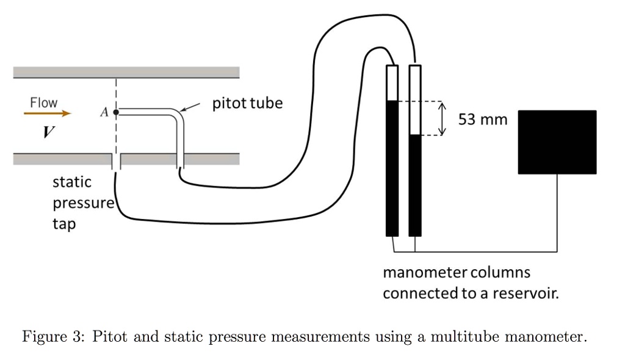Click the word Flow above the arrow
pos(44,103)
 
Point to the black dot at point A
pos(115,112)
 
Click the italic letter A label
pos(104,112)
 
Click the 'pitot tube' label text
pos(247,103)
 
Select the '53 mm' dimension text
pos(483,120)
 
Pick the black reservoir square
pos(557,142)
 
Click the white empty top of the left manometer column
pos(392,82)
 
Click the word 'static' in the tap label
pos(72,182)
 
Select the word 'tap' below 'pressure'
pos(64,224)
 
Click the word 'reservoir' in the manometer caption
pos(529,293)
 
